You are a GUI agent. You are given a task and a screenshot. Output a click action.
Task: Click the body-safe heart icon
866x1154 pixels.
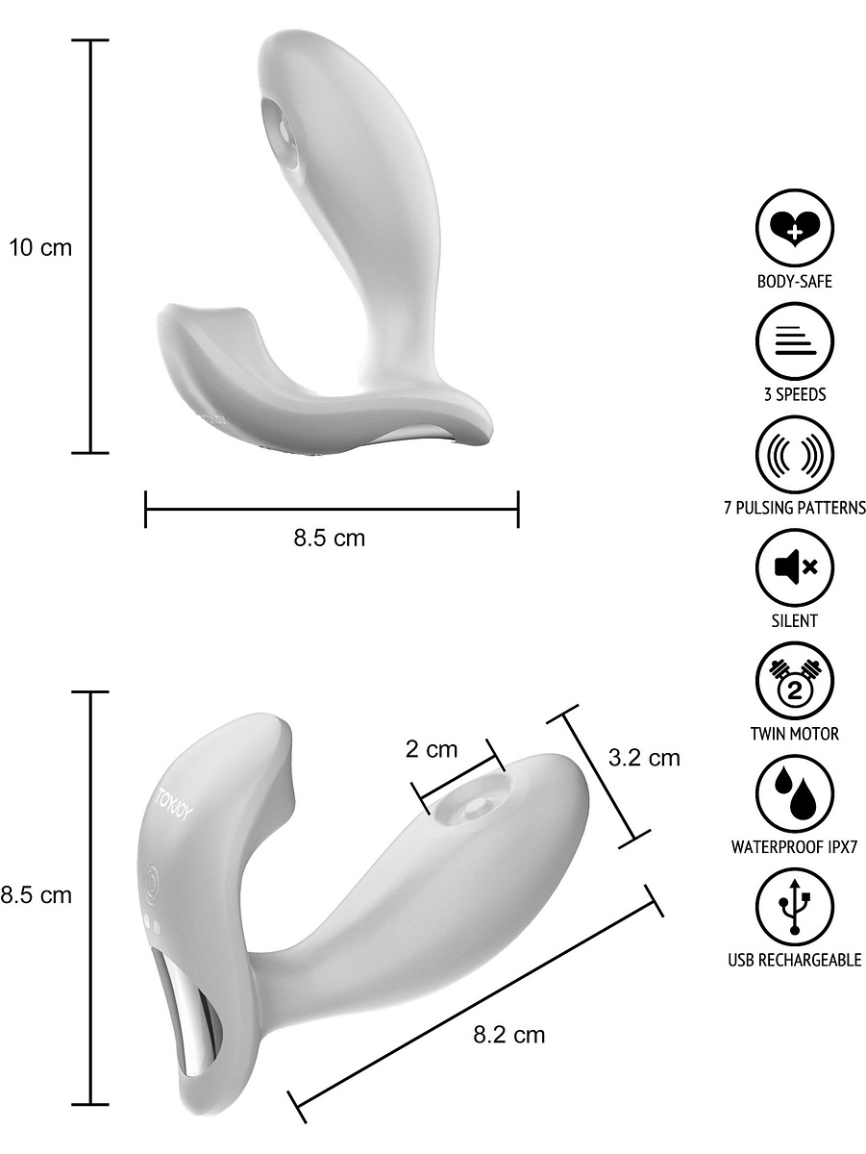pos(795,229)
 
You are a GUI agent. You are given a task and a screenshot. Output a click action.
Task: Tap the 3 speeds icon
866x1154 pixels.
pos(795,341)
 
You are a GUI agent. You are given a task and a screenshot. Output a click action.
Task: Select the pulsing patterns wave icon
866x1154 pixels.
pos(795,455)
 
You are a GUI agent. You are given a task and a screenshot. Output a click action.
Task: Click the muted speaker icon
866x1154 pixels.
pos(795,567)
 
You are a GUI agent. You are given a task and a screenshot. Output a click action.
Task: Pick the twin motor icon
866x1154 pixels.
pos(795,681)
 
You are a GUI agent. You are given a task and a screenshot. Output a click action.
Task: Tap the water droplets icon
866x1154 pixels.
pos(795,794)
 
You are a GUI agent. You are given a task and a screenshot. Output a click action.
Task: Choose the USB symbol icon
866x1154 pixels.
pos(795,908)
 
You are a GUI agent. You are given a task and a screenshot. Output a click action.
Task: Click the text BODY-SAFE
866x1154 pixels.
pos(795,281)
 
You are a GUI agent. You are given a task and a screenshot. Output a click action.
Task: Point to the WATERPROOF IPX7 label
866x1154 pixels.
pos(795,847)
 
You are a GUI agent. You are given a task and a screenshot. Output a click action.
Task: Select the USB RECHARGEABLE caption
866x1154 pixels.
pos(795,960)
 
